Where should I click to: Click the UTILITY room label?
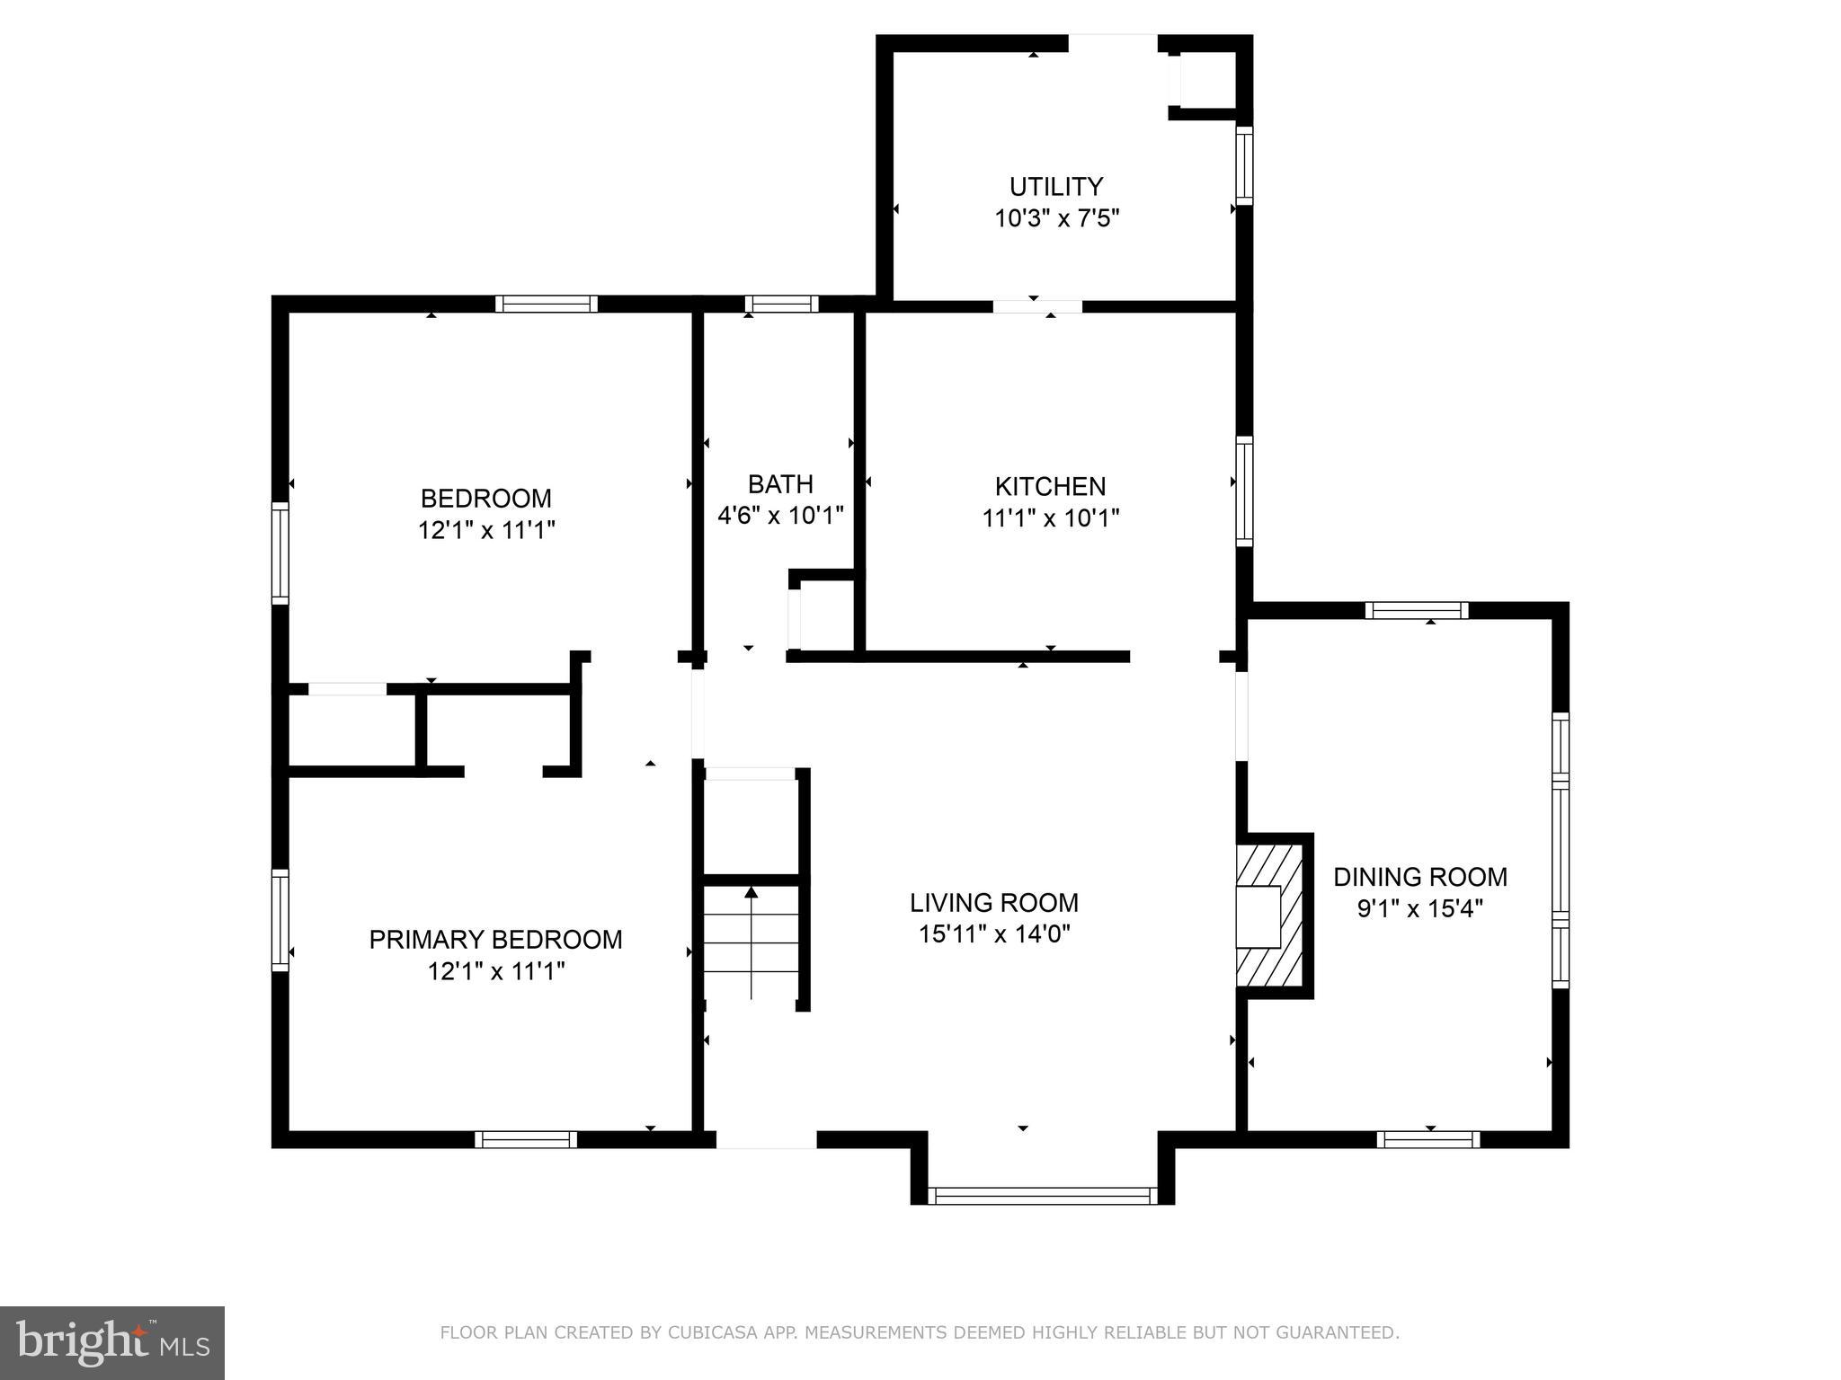[x=1055, y=187]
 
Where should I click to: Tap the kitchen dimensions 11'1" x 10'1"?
[x=1050, y=518]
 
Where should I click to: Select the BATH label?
[x=780, y=484]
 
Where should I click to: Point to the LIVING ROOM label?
[x=993, y=902]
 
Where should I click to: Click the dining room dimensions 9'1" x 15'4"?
[x=1419, y=909]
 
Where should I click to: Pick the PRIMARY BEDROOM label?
[x=495, y=940]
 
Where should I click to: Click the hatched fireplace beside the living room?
[x=1269, y=916]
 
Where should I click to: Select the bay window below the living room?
[x=1042, y=1195]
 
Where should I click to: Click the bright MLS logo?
[x=111, y=1343]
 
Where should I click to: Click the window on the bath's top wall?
[x=781, y=304]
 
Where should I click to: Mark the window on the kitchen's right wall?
[x=1244, y=491]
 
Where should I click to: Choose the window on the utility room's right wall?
[x=1244, y=164]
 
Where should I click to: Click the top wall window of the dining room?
[x=1416, y=611]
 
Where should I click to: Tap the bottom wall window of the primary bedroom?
[x=526, y=1139]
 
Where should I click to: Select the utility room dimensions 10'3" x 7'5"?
[x=1056, y=219]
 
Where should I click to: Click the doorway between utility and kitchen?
[x=1037, y=306]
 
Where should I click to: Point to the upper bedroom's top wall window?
[x=546, y=304]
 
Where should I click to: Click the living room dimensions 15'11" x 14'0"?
[x=993, y=934]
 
